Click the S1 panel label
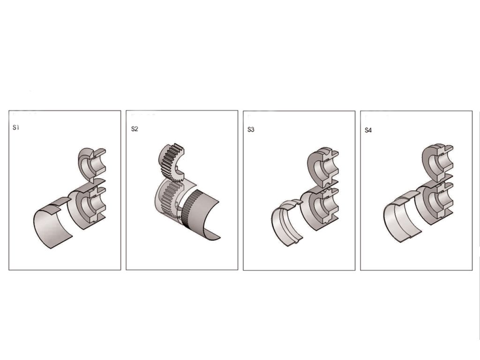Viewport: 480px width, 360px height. (x=16, y=127)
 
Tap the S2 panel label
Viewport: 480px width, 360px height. (x=135, y=129)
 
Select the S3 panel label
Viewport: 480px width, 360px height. (x=251, y=129)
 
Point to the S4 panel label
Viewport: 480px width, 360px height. (x=368, y=130)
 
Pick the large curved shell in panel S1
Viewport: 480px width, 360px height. (x=46, y=225)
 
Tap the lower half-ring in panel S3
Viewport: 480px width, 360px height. (x=307, y=211)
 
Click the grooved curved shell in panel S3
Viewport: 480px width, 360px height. (x=280, y=224)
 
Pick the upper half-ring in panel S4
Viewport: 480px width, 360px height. (x=428, y=162)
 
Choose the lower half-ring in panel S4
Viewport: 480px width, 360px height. (x=422, y=205)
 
